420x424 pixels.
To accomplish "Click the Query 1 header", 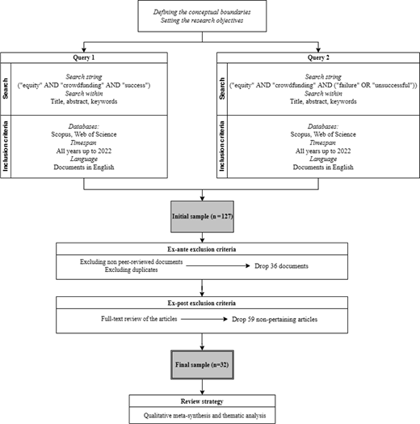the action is (84, 57).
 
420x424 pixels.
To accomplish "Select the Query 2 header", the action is (318, 57).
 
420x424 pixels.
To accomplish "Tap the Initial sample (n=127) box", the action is (202, 217).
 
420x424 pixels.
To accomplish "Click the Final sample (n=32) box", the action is (202, 365).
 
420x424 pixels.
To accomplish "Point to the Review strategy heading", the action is (202, 401).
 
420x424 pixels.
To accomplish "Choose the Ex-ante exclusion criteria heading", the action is (202, 249).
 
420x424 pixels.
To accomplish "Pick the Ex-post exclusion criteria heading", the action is (202, 303).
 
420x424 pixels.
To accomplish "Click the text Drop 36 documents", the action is (281, 266).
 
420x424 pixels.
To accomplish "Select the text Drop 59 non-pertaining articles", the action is (275, 320).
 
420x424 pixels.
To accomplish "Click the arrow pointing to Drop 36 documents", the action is (218, 266).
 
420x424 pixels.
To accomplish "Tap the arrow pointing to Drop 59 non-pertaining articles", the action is (204, 319).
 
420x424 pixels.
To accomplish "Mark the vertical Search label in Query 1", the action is (6, 89).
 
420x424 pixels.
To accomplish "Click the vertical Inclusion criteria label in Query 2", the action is (222, 146).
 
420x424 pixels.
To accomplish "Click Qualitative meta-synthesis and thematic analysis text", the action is (204, 415).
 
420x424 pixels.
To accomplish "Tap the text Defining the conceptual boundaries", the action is (202, 12).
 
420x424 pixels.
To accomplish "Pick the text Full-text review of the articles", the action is (139, 319).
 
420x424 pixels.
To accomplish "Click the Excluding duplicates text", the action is (131, 270).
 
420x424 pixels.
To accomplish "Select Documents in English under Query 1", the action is (84, 167).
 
